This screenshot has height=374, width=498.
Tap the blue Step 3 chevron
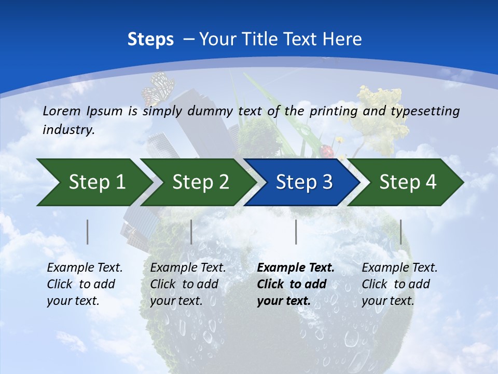point(303,182)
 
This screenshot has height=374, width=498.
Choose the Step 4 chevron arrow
point(407,182)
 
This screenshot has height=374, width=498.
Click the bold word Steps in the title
point(150,39)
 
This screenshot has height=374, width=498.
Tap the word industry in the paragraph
point(68,129)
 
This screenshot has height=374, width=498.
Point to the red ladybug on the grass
point(327,151)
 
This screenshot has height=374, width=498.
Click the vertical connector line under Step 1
point(88,232)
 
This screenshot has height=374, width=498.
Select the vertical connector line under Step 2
point(191,232)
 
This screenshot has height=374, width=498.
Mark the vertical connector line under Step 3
point(296,232)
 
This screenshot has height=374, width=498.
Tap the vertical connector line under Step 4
point(400,232)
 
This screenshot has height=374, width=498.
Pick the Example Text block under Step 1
point(85,284)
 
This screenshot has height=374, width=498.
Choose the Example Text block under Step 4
point(399,284)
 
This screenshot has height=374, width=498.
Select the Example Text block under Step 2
point(188,284)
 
